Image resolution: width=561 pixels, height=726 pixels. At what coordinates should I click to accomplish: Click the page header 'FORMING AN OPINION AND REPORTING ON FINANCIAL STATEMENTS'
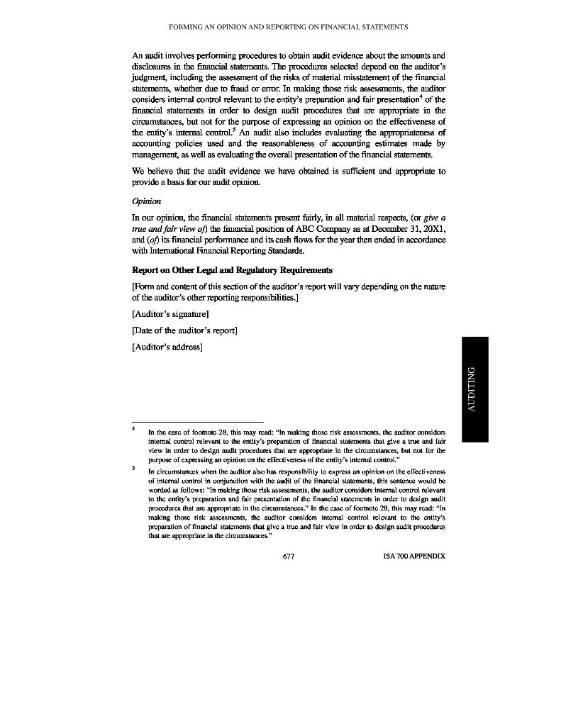tap(289, 27)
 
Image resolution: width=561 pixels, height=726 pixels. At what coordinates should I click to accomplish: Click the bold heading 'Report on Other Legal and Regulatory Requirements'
tap(232, 270)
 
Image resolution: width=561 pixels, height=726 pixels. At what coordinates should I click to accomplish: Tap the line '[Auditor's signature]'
tap(170, 314)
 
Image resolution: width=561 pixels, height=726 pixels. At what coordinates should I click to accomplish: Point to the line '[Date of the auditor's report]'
tap(184, 330)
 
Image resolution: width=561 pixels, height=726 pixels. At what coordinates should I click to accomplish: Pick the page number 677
tap(289, 557)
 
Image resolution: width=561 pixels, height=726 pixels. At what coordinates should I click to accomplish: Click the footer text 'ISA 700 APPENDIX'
tap(413, 557)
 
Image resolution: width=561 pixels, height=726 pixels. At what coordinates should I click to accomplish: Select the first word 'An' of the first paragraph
tap(138, 55)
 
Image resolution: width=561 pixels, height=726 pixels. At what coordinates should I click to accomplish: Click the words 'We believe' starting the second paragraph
tap(152, 171)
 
